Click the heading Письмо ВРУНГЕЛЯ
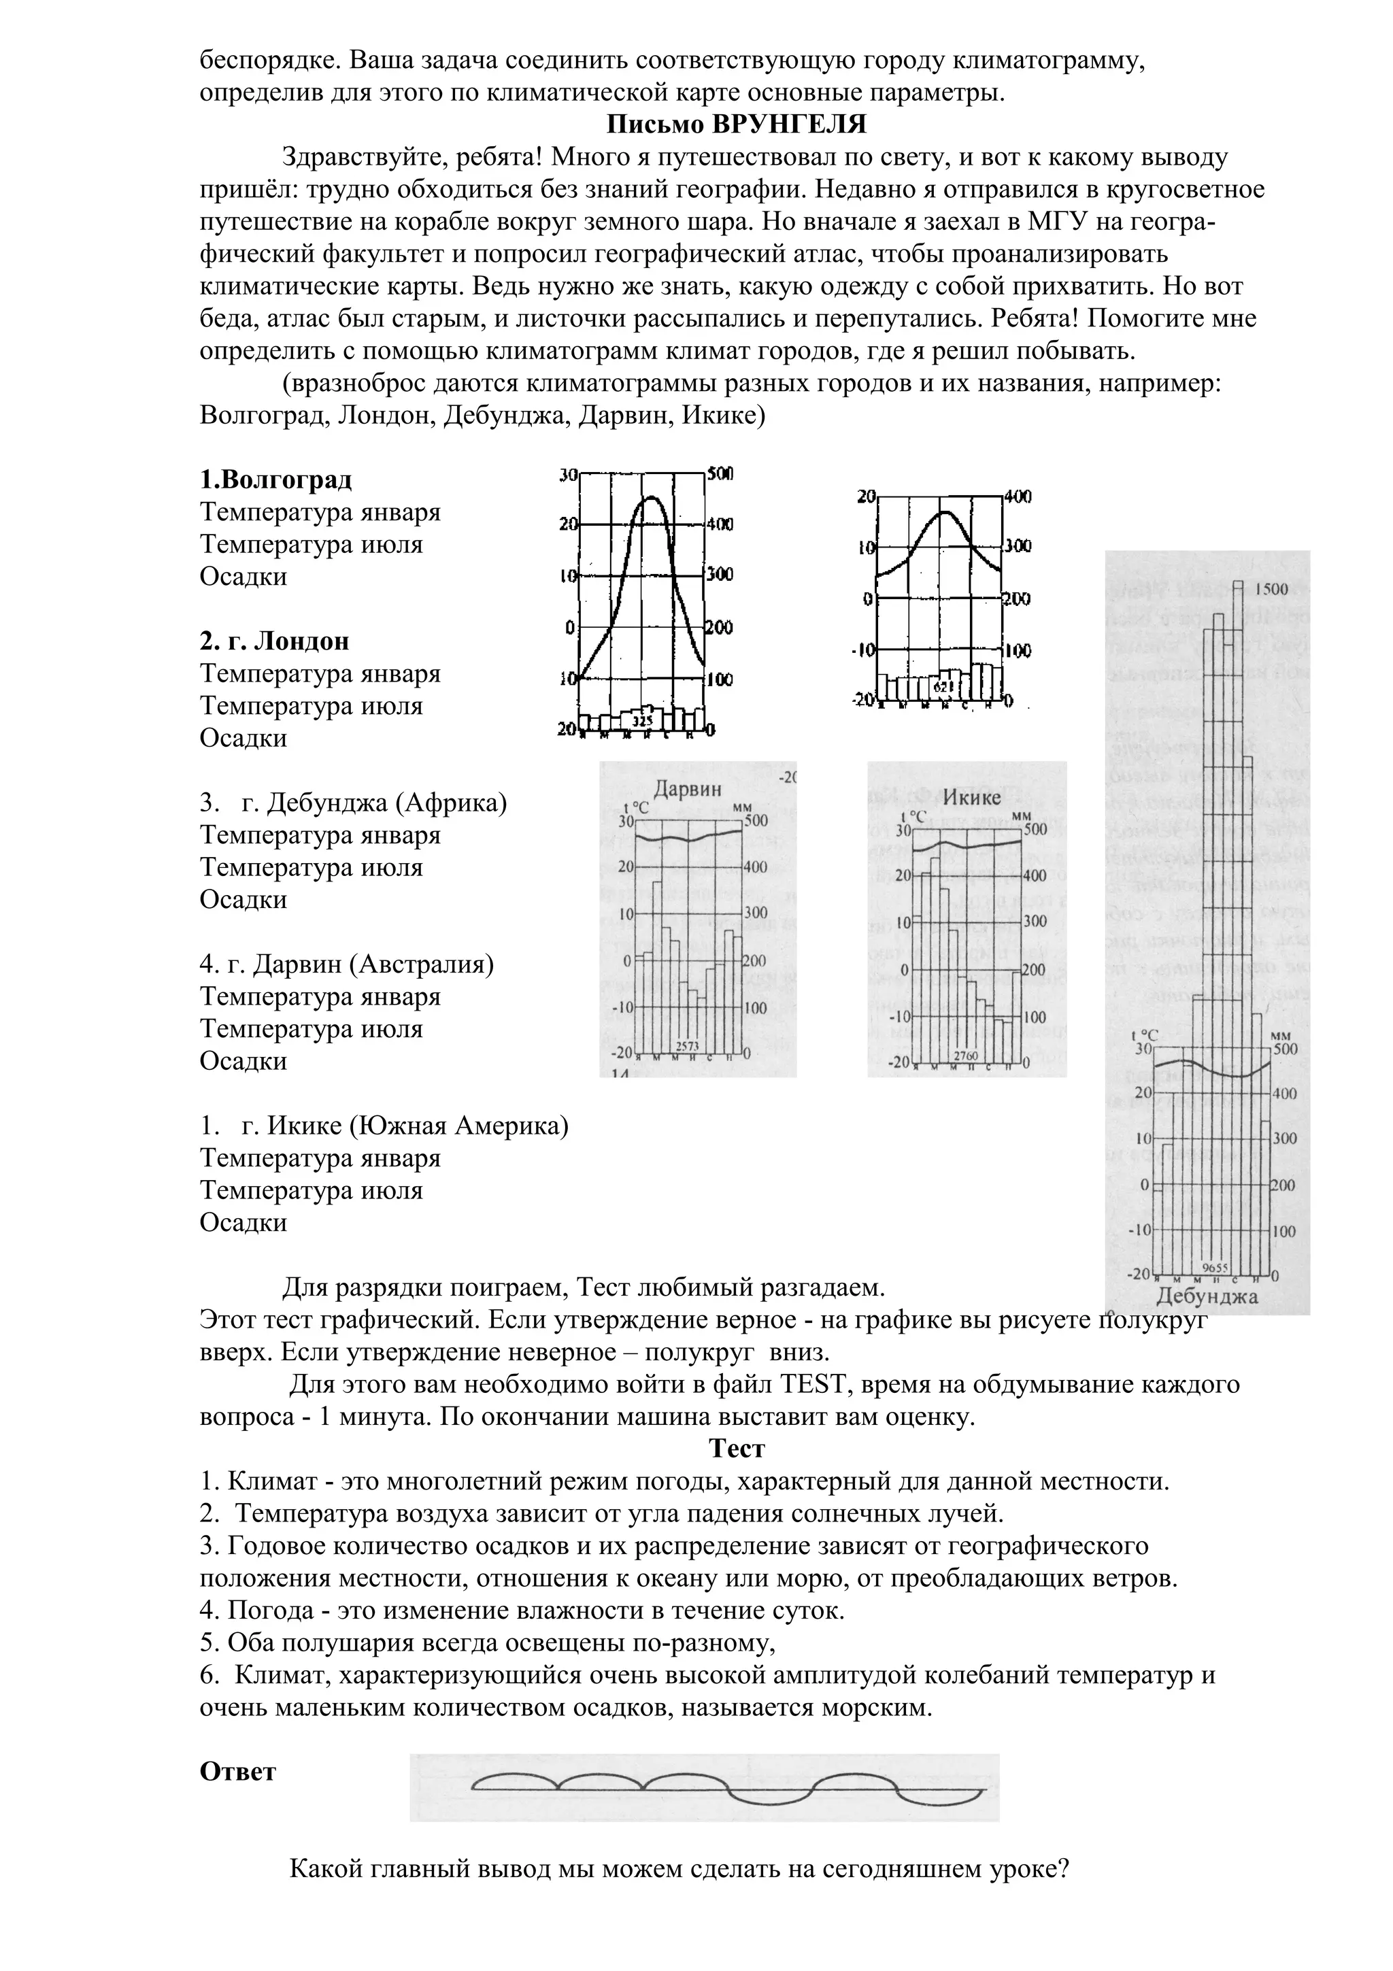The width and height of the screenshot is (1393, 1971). [x=737, y=124]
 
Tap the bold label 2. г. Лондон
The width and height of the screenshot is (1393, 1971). [x=275, y=641]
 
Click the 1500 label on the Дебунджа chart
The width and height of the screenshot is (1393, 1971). [x=1271, y=589]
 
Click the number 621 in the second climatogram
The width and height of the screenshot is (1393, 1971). [x=943, y=688]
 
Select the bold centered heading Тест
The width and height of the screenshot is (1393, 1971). [x=737, y=1449]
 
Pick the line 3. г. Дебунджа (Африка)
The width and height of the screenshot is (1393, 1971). [x=354, y=803]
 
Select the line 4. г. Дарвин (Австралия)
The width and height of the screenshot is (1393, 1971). [x=347, y=964]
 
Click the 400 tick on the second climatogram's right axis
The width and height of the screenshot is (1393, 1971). [x=1019, y=496]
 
